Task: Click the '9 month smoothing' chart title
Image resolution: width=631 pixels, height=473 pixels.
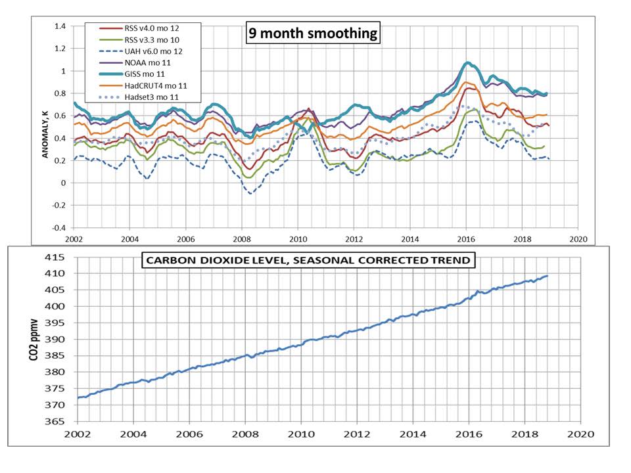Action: pos(313,33)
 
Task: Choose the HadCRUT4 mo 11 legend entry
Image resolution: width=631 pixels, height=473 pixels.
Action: pos(150,85)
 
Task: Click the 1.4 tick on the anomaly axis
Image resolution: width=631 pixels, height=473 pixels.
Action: pos(60,26)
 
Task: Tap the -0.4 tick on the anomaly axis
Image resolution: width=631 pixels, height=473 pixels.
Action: pos(59,228)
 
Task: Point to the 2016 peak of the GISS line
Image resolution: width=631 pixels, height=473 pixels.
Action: pos(467,63)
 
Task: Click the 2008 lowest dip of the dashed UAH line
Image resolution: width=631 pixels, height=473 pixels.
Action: pos(250,193)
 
